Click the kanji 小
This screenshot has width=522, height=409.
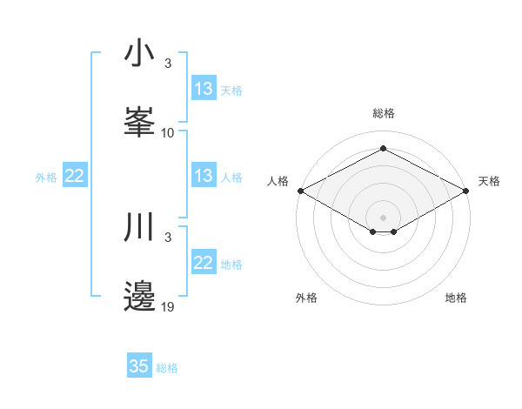tap(140, 54)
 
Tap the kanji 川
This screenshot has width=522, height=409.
tap(140, 228)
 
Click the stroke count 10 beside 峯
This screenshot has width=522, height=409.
tap(168, 133)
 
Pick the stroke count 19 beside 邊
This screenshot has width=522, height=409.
tap(168, 307)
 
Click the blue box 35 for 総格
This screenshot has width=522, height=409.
tap(139, 366)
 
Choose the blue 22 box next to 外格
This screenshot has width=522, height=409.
tap(75, 176)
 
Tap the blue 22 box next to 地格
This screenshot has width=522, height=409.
tap(203, 263)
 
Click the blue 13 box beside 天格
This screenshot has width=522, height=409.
tap(203, 89)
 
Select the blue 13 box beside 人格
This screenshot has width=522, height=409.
tap(203, 176)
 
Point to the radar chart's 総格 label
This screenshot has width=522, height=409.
tap(384, 113)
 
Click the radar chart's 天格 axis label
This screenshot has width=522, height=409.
tap(490, 181)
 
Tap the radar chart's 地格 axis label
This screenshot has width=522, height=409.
tap(457, 298)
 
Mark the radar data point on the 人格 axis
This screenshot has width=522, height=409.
tap(300, 190)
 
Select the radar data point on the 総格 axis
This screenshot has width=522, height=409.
tap(384, 148)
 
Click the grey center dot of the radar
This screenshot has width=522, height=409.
tap(384, 217)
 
